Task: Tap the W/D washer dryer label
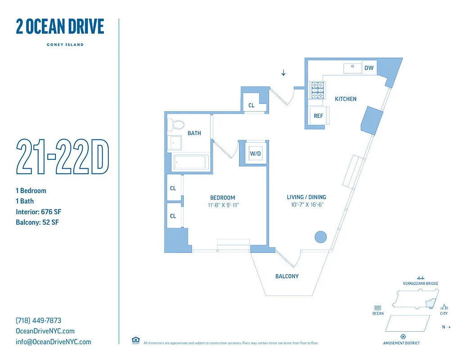tap(255, 153)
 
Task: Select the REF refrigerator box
tap(318, 116)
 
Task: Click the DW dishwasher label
tap(369, 68)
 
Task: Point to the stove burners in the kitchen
tap(317, 90)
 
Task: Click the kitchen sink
tap(353, 68)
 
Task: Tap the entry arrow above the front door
tap(283, 72)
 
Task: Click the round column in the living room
tap(320, 237)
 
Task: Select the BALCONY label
tap(287, 276)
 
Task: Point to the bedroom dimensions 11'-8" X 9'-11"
tap(222, 205)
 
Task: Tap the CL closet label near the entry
tap(251, 106)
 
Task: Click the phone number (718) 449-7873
tap(38, 321)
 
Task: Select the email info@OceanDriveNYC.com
tap(53, 342)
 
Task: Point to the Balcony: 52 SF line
tap(37, 222)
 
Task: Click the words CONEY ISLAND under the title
tap(65, 45)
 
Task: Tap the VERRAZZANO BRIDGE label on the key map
tap(420, 283)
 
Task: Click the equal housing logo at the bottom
tap(135, 340)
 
